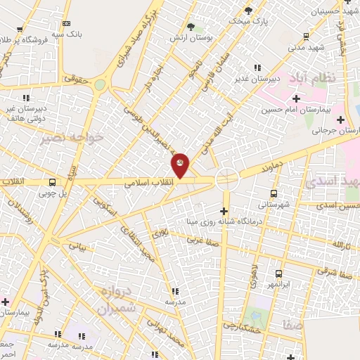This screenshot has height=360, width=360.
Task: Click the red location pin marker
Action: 181,165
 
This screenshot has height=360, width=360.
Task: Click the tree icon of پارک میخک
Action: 248,10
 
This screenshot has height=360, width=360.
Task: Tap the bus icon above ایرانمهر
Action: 279,274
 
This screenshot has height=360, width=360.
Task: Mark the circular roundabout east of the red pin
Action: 227,179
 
